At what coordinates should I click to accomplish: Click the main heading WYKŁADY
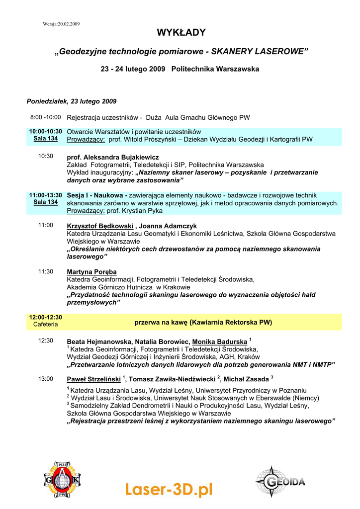click(181, 33)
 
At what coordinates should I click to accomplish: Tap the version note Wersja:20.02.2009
click(61, 24)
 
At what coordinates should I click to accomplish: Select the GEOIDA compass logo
click(280, 481)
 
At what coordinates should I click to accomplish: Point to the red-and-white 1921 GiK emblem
click(62, 480)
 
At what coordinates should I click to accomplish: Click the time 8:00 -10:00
click(45, 118)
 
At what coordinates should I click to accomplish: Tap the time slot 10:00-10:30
click(46, 132)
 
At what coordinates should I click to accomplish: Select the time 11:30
click(46, 272)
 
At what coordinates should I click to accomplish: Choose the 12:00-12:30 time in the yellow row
click(46, 317)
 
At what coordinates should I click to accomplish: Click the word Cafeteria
click(46, 325)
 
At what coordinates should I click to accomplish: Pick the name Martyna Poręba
click(91, 272)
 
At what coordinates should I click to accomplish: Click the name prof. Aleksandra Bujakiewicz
click(113, 157)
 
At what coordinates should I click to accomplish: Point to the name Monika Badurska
click(219, 342)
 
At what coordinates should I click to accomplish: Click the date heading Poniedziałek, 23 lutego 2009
click(72, 101)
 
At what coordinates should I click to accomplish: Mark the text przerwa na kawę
click(161, 322)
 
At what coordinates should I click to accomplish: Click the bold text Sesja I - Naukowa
click(97, 196)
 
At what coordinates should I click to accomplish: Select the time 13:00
click(46, 379)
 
